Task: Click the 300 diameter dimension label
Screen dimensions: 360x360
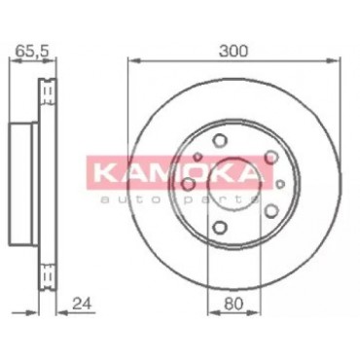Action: click(234, 51)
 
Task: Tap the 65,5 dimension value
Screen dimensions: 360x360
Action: click(32, 51)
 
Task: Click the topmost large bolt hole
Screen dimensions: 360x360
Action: click(219, 140)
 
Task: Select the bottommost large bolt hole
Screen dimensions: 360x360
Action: click(220, 227)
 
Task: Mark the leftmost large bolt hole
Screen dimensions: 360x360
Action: click(189, 185)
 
